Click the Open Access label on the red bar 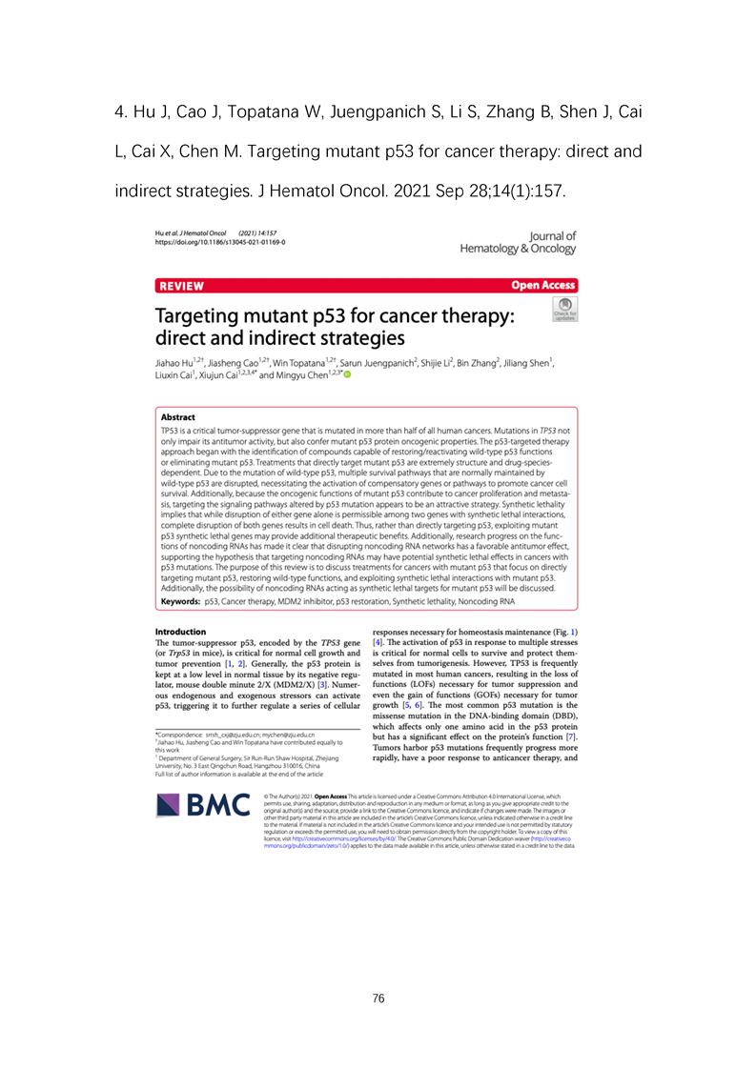(542, 285)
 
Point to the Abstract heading (177, 417)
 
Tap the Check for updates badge (563, 310)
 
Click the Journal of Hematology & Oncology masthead (518, 242)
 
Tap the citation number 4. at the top (120, 114)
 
